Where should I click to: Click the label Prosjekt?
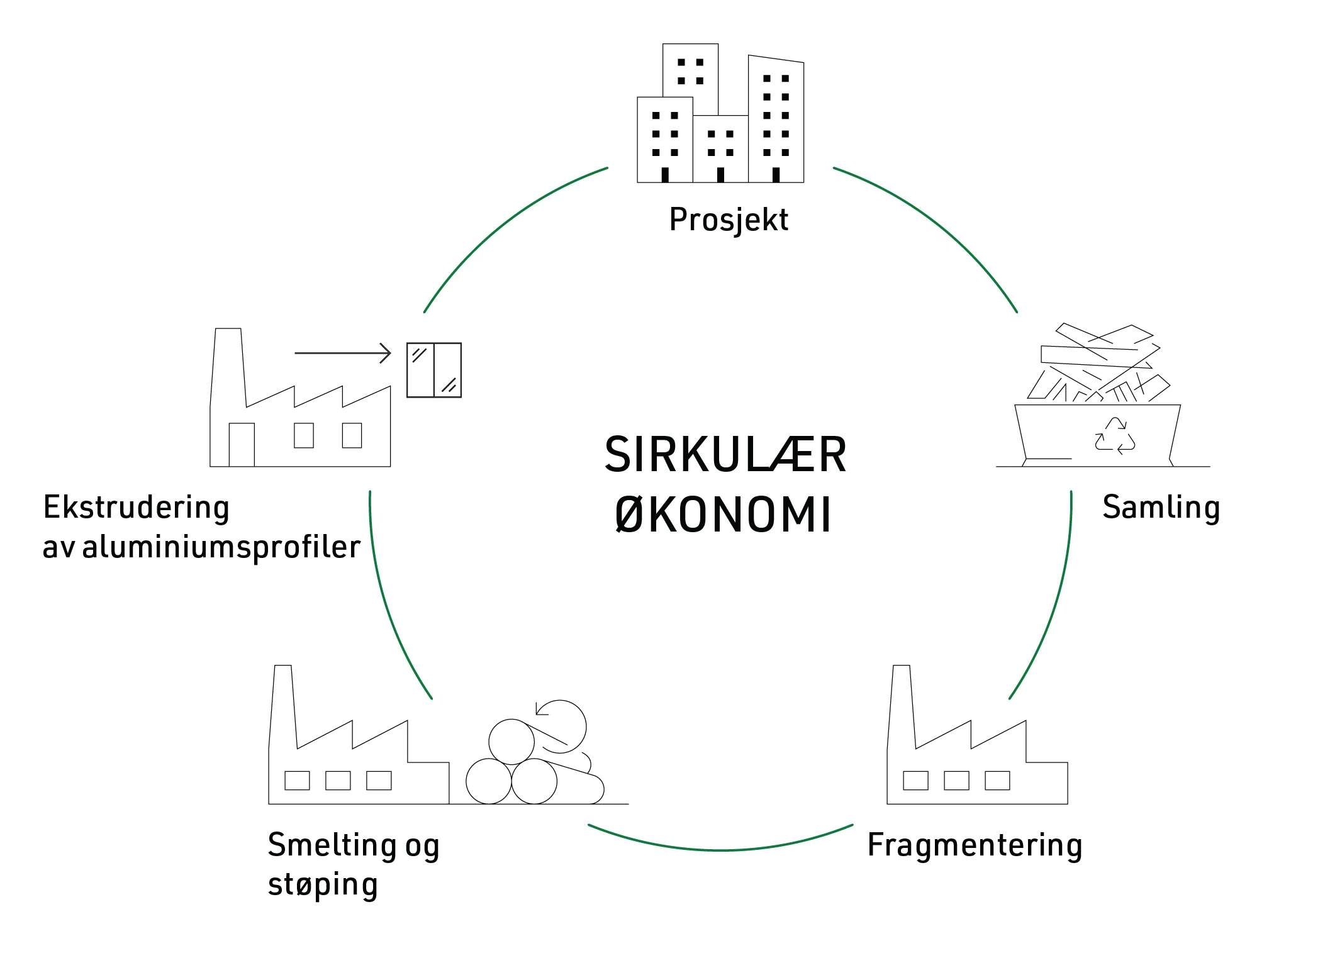point(728,220)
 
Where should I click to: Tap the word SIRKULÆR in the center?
point(725,455)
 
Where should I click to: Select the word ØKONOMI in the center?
point(724,515)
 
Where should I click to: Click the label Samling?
point(1161,508)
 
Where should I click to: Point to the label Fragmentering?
point(975,845)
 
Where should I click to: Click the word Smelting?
point(332,845)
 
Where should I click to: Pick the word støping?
point(323,884)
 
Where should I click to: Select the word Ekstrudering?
point(136,508)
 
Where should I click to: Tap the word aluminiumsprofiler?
point(221,547)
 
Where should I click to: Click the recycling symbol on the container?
point(1115,435)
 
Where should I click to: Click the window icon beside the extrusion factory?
point(434,370)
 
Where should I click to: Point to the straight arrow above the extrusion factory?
point(343,353)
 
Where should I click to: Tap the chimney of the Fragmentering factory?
point(902,705)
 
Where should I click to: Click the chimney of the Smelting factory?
point(283,705)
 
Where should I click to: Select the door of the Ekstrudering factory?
point(242,445)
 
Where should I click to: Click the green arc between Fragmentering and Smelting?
point(721,850)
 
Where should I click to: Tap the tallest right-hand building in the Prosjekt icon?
point(776,120)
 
